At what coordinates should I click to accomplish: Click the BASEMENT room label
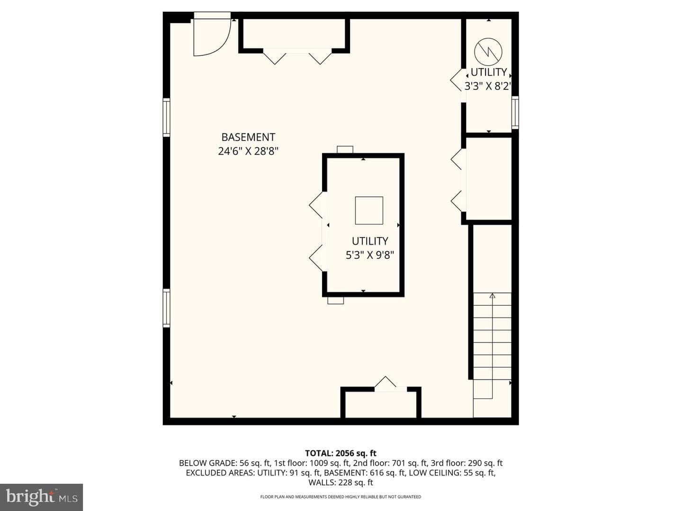[x=248, y=137]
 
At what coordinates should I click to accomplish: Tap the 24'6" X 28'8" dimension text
[x=248, y=151]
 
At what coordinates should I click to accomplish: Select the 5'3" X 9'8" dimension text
[x=370, y=255]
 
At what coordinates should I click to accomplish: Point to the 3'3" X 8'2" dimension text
[x=488, y=86]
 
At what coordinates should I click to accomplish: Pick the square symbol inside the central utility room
[x=369, y=211]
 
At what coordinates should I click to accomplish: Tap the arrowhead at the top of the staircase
[x=492, y=296]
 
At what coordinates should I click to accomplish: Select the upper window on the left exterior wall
[x=167, y=118]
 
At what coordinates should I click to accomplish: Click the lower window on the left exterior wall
[x=167, y=308]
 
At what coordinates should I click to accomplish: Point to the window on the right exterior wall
[x=515, y=113]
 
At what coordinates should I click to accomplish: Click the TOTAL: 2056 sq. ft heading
[x=341, y=453]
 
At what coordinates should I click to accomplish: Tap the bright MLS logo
[x=41, y=497]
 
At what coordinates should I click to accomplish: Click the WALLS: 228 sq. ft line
[x=341, y=483]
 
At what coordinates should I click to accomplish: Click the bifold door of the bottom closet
[x=386, y=382]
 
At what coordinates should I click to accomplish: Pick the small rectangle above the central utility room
[x=345, y=150]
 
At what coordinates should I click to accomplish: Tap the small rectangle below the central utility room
[x=336, y=300]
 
